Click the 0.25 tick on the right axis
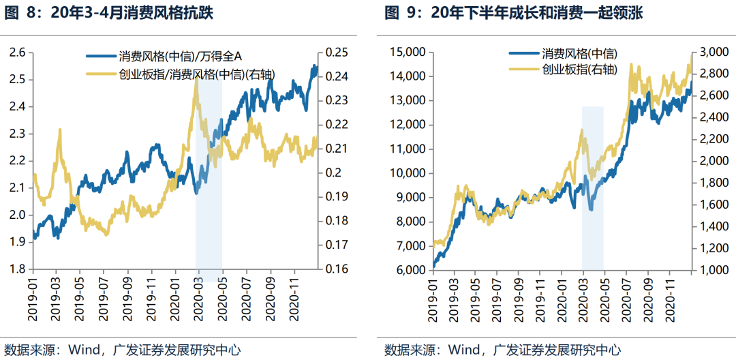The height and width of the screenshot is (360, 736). click(337, 52)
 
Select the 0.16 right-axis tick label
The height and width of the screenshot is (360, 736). click(337, 269)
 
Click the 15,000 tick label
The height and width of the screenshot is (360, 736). click(406, 52)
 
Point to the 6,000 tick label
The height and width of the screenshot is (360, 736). click(409, 271)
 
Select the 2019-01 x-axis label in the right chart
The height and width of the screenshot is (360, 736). click(432, 297)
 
